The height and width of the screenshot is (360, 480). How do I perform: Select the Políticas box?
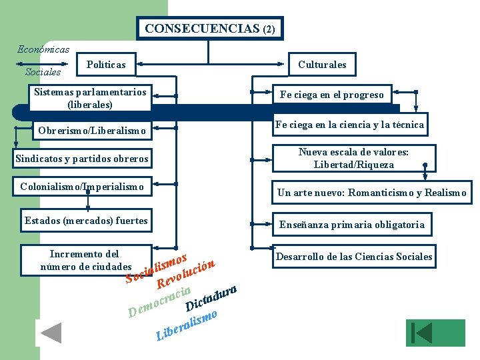pos(106,65)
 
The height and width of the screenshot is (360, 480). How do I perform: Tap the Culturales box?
pos(322,65)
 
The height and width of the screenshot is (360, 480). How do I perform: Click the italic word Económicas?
pos(43,49)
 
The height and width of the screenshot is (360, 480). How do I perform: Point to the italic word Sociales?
pos(43,71)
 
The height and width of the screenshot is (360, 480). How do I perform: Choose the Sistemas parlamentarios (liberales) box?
pos(90,97)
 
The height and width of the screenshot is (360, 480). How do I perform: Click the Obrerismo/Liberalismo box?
pos(93,131)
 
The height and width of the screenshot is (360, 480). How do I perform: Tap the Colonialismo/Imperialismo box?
pos(83,187)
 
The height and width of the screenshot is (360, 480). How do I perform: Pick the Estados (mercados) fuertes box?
pos(86,221)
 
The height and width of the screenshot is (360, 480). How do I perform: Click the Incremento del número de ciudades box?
pos(85,261)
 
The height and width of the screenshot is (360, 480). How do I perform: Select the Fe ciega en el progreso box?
pos(331,95)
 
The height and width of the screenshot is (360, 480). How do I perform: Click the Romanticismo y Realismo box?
pos(371,193)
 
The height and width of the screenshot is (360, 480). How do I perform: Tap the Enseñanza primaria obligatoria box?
pos(351,225)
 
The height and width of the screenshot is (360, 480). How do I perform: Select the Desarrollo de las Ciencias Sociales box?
pos(354,257)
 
